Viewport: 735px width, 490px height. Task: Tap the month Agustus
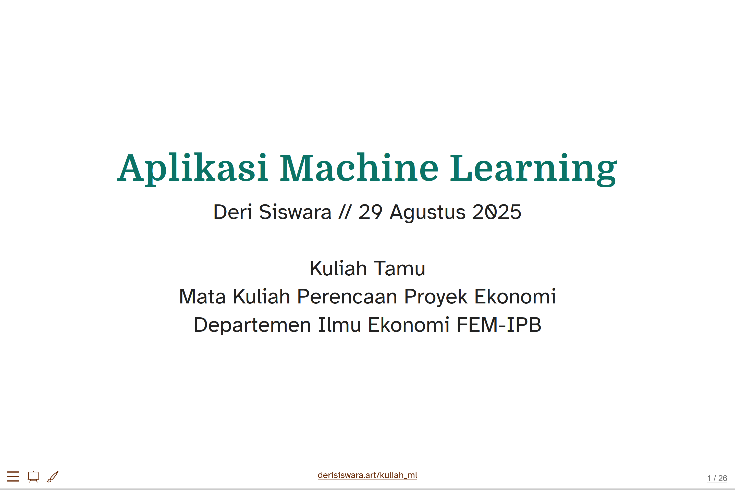click(427, 213)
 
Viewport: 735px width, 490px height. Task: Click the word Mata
click(202, 297)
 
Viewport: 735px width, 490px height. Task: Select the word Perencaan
click(347, 297)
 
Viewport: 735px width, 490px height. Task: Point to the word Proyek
click(436, 297)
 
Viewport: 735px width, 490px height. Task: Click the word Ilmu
click(339, 325)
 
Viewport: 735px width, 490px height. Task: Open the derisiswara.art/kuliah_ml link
click(367, 475)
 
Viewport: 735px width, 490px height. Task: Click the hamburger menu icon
click(13, 476)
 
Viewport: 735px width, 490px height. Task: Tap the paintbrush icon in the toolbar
click(53, 476)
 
